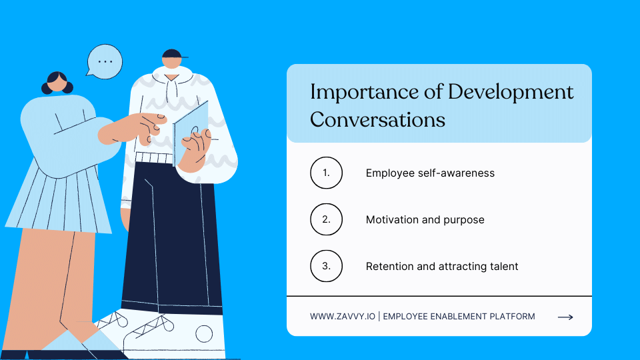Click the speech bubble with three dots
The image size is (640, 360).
pyautogui.click(x=105, y=60)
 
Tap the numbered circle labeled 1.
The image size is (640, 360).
pyautogui.click(x=326, y=173)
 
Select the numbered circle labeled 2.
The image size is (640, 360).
pyautogui.click(x=326, y=219)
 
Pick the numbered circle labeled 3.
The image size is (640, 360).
pyautogui.click(x=326, y=266)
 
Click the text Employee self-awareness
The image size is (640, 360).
pyautogui.click(x=430, y=173)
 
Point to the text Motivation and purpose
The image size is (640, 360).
pyautogui.click(x=425, y=219)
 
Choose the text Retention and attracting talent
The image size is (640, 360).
pyautogui.click(x=442, y=266)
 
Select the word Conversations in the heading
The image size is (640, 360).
pyautogui.click(x=377, y=120)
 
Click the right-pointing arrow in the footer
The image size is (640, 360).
pyautogui.click(x=565, y=317)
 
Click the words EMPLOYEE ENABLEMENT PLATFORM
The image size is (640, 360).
pyautogui.click(x=459, y=317)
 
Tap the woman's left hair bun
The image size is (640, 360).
pyautogui.click(x=47, y=88)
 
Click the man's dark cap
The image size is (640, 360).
pyautogui.click(x=172, y=53)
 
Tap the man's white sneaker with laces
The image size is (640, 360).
pyautogui.click(x=167, y=329)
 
